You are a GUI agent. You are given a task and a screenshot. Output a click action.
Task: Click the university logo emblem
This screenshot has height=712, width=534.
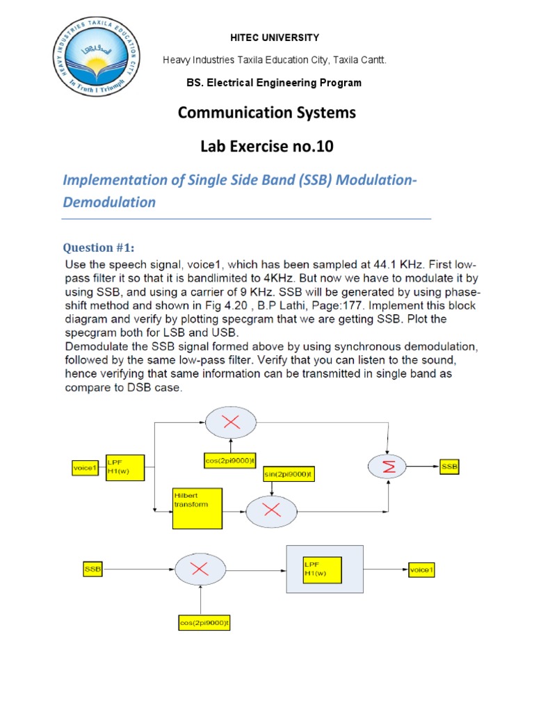[97, 60]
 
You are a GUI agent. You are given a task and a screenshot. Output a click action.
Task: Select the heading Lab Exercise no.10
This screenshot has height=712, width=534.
[267, 147]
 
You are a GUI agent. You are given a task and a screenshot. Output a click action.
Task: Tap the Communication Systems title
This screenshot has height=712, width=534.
[267, 113]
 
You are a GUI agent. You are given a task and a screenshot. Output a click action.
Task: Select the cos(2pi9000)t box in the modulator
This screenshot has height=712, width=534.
[231, 460]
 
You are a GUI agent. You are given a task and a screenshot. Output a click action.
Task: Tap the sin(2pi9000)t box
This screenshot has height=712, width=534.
[289, 474]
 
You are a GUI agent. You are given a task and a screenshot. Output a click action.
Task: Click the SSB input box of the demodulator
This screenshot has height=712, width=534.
[92, 569]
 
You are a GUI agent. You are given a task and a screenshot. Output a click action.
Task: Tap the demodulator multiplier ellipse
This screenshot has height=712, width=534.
[200, 569]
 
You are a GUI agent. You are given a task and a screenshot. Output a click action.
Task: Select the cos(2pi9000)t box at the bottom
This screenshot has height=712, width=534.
[204, 623]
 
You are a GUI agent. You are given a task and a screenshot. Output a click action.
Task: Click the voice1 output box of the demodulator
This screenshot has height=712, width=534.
[420, 569]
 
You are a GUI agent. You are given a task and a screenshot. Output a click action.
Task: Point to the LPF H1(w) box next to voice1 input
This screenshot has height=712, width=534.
[125, 467]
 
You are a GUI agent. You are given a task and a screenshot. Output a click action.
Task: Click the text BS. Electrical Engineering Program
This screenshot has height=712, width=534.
[274, 83]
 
